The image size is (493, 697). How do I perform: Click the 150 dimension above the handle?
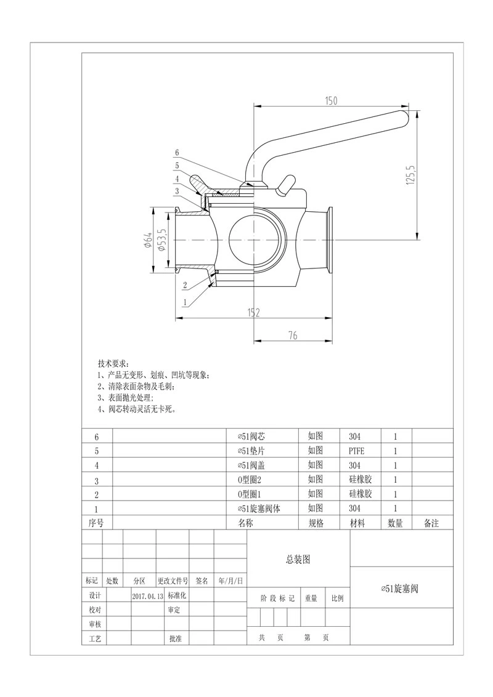click(330, 101)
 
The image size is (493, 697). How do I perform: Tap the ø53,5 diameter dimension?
click(161, 240)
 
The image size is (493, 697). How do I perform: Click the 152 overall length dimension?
click(253, 313)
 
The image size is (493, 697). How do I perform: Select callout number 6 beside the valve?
click(177, 152)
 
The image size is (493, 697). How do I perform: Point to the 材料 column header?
click(357, 523)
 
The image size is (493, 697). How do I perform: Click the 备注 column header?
click(431, 523)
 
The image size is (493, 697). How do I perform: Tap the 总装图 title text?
click(298, 560)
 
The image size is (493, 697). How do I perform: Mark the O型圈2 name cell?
click(250, 480)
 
